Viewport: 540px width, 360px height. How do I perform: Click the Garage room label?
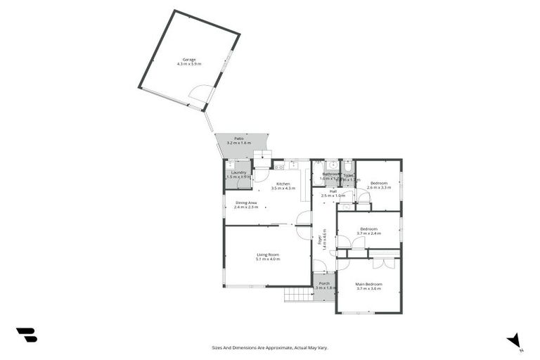(x=189, y=60)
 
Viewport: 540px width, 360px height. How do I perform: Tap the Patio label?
(x=239, y=139)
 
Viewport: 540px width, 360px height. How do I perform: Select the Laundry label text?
(x=238, y=172)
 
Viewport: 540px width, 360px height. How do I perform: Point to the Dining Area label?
(x=246, y=202)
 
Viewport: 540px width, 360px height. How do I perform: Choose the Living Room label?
(x=268, y=255)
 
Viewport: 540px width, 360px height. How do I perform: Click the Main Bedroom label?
(x=368, y=284)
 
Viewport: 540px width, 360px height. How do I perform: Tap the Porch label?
(x=324, y=284)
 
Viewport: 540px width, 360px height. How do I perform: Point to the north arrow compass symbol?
(x=515, y=340)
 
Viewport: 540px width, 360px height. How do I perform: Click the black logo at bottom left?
(x=26, y=335)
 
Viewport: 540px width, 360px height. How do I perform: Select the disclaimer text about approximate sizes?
(x=270, y=347)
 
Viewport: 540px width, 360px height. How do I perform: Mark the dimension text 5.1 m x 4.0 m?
(x=268, y=259)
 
